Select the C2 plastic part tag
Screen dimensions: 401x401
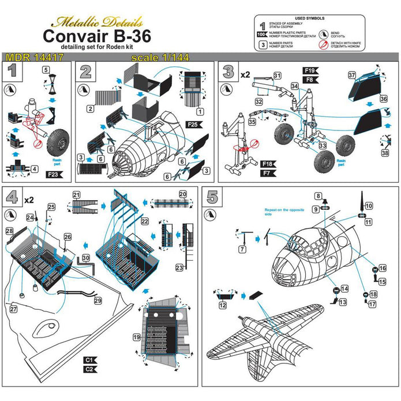click(x=89, y=368)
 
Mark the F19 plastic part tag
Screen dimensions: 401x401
click(x=309, y=70)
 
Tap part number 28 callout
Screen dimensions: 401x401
click(x=9, y=231)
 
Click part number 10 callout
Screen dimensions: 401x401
click(x=369, y=205)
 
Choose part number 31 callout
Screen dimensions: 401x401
click(x=277, y=76)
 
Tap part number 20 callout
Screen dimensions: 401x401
click(x=182, y=194)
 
